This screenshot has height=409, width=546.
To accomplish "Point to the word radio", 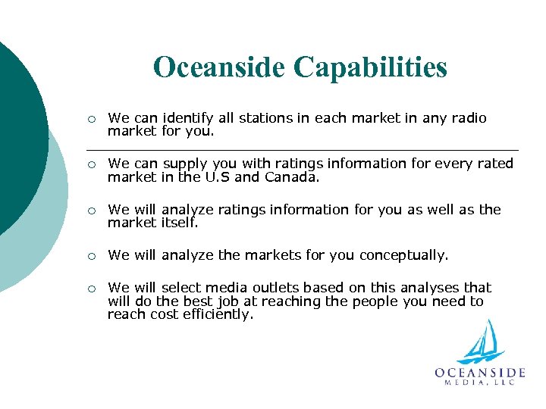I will [x=467, y=118].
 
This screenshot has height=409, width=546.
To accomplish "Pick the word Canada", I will [x=293, y=177].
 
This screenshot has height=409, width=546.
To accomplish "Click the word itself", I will [x=180, y=223].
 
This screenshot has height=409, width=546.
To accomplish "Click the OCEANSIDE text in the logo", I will [x=480, y=373].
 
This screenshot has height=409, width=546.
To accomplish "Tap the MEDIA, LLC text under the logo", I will [x=480, y=383].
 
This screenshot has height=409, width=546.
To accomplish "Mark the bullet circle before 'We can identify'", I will [x=90, y=119].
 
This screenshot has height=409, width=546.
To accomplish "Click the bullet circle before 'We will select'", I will [x=90, y=289].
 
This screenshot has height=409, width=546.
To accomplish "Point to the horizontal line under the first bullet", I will [x=303, y=149].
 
